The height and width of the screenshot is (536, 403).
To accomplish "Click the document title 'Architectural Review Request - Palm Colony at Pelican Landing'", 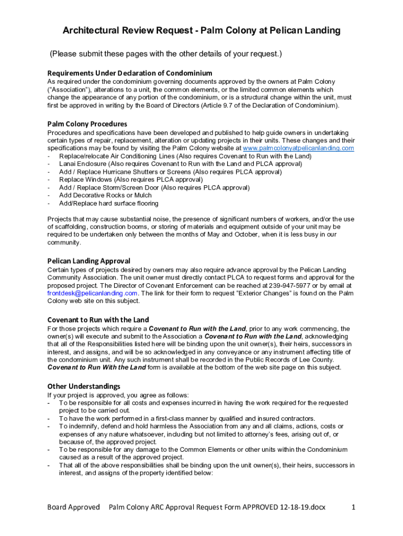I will click(x=201, y=31).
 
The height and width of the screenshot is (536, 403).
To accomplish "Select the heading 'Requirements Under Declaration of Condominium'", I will click(x=130, y=73).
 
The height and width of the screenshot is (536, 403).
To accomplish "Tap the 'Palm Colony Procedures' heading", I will click(x=87, y=124).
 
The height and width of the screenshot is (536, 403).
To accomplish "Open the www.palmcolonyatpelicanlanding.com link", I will click(x=296, y=148).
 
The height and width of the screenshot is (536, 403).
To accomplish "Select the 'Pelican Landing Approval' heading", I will click(x=89, y=261).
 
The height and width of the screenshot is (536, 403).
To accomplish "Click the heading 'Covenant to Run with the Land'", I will click(x=98, y=319).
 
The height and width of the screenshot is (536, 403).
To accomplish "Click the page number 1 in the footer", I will click(x=354, y=507).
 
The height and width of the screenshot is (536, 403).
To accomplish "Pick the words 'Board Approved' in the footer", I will click(x=73, y=507).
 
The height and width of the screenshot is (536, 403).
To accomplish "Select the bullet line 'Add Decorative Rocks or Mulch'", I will click(x=105, y=195).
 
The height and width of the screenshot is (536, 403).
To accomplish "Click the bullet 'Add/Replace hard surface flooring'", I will click(x=108, y=203).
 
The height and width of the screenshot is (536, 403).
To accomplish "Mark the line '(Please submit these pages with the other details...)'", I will click(x=166, y=54).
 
